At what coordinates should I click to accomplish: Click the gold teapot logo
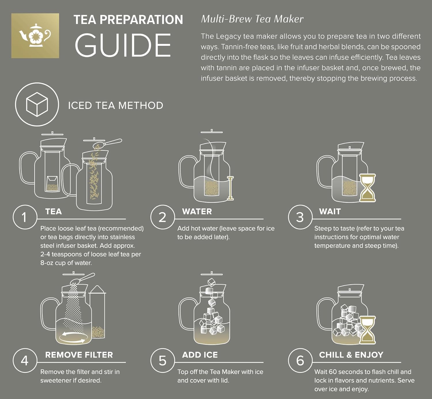pyautogui.click(x=35, y=35)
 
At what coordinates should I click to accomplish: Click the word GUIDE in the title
pyautogui.click(x=123, y=45)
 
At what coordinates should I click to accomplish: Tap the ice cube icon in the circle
pyautogui.click(x=37, y=104)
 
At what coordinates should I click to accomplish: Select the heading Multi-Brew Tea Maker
pyautogui.click(x=252, y=19)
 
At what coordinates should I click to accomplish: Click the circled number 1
pyautogui.click(x=25, y=217)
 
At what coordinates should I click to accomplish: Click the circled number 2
pyautogui.click(x=162, y=217)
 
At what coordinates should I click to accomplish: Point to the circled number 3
pyautogui.click(x=300, y=217)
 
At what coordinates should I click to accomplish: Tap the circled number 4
pyautogui.click(x=25, y=360)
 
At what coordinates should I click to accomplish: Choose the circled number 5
pyautogui.click(x=162, y=360)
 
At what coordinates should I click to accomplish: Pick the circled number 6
pyautogui.click(x=300, y=360)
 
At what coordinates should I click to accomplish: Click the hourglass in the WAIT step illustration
pyautogui.click(x=367, y=188)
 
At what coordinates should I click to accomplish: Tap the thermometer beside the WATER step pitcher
pyautogui.click(x=230, y=188)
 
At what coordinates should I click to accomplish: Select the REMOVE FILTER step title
pyautogui.click(x=79, y=355)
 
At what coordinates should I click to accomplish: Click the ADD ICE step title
pyautogui.click(x=200, y=355)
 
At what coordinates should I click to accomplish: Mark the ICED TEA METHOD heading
pyautogui.click(x=115, y=105)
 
